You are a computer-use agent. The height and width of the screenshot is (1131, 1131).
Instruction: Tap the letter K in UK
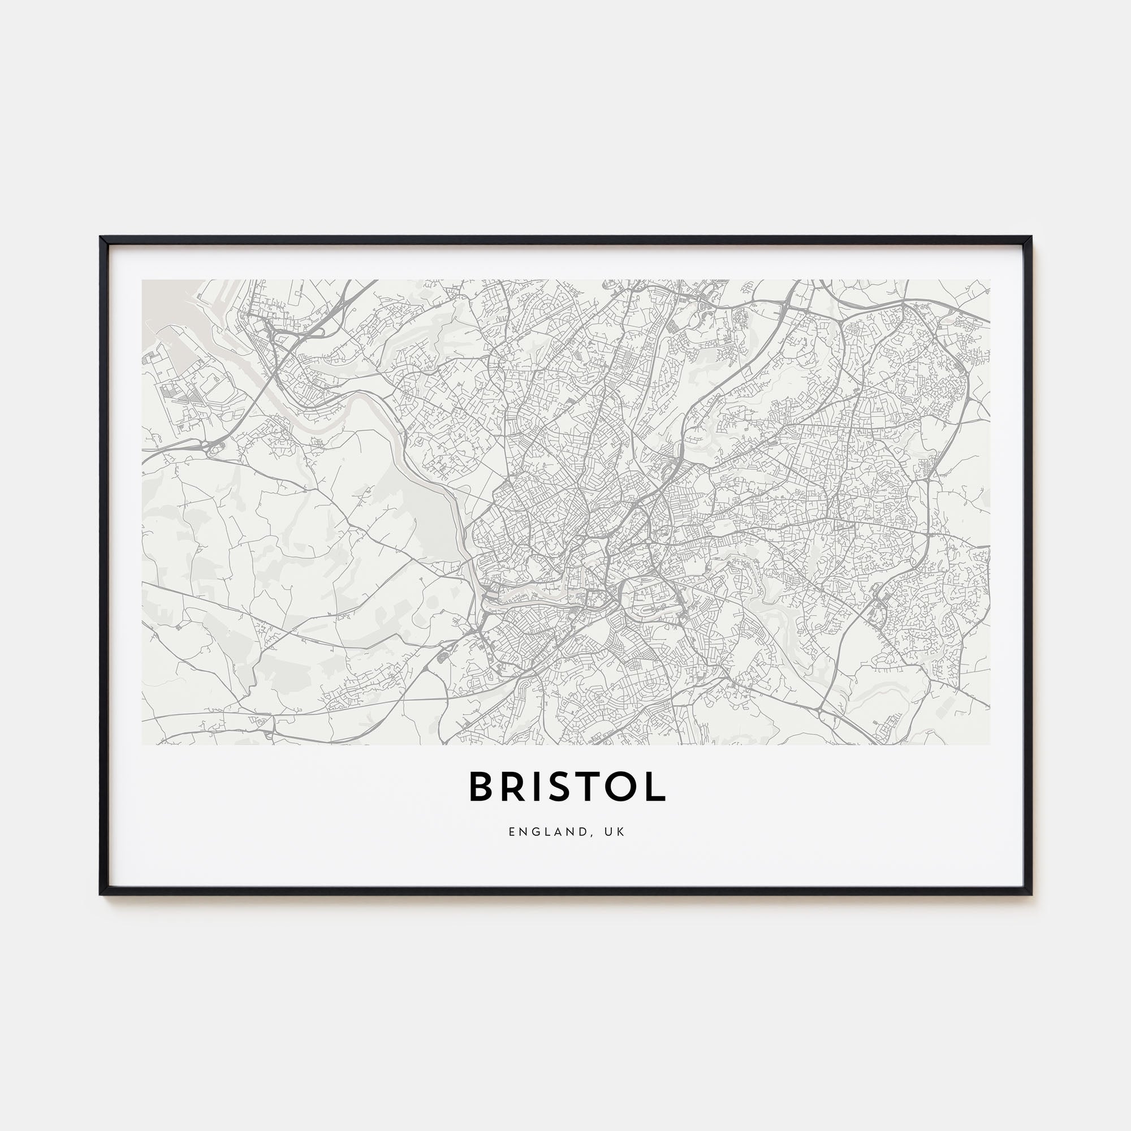(621, 832)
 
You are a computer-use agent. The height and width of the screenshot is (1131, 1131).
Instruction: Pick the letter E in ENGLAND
(512, 832)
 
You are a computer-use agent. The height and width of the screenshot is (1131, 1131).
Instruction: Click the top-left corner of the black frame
(101, 238)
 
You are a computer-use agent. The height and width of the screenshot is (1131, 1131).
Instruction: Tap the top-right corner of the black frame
(1031, 238)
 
